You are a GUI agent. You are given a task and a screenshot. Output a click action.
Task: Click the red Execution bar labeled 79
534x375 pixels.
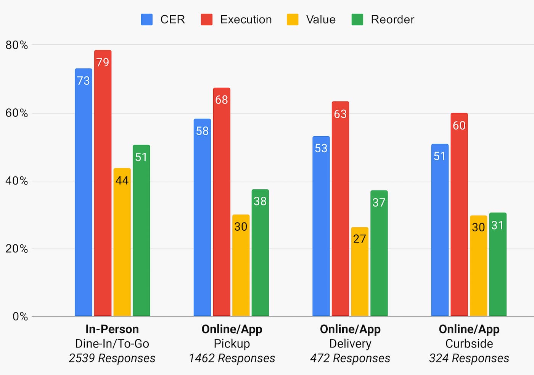coord(103,183)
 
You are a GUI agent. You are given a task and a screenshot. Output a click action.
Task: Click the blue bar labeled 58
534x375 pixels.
coord(202,218)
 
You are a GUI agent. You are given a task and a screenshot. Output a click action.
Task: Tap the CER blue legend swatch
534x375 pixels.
coord(147,19)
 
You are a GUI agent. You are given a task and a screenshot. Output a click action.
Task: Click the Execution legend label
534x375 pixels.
coord(246,19)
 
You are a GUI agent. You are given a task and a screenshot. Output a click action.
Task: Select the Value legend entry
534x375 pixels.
coord(320,19)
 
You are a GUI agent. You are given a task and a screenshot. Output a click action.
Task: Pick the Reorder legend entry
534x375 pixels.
coord(392,19)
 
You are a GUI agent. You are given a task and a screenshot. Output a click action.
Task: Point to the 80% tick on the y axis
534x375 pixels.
coord(17,45)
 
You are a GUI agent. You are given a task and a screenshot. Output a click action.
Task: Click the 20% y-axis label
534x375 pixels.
coord(17,249)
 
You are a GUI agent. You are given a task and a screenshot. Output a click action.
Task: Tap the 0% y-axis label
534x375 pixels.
coord(20,317)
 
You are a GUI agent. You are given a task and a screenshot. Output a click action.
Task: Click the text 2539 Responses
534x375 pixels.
coord(112,358)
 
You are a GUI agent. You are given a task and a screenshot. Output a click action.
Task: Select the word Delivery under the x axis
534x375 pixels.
coord(350,344)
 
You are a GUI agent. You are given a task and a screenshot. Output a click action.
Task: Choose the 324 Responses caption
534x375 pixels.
coord(469,358)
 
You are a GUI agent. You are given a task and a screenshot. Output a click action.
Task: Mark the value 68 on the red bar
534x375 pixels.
coord(222,100)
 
